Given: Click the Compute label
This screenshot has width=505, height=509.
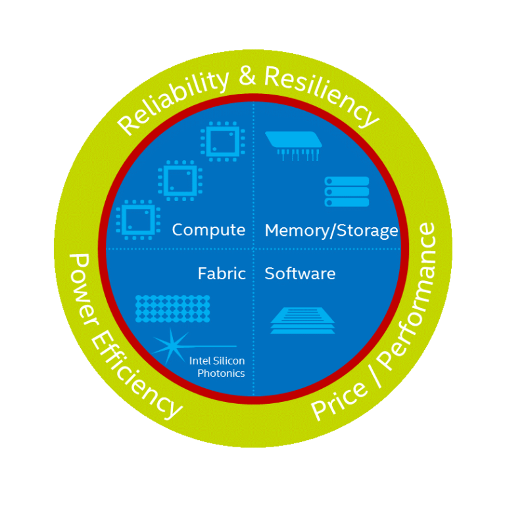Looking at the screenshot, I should [208, 231].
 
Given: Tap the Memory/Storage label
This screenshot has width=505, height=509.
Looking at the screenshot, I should [331, 231].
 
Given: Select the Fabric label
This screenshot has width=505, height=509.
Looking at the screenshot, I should [222, 273].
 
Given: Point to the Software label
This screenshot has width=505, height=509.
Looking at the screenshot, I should [300, 273].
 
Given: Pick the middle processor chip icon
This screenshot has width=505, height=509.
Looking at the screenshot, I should [180, 181].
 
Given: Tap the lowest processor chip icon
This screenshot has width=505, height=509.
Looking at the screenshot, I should [138, 219].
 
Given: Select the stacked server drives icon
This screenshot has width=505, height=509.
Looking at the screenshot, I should [347, 192].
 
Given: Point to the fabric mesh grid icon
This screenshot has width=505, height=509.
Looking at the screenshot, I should [172, 308].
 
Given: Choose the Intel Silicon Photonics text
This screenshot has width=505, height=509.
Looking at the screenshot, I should [217, 367].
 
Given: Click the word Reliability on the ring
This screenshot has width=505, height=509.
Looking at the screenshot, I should [174, 99].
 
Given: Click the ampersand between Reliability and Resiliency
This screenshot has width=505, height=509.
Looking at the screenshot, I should [247, 76].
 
